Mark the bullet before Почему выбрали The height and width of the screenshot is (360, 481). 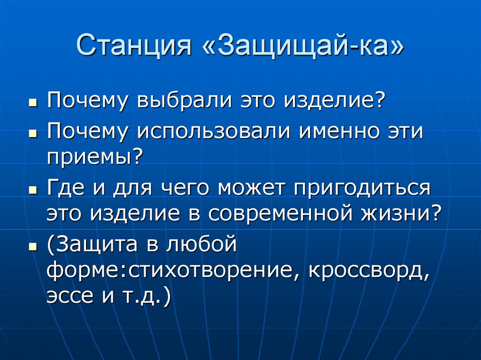33,102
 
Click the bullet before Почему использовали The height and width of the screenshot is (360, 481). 33,133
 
